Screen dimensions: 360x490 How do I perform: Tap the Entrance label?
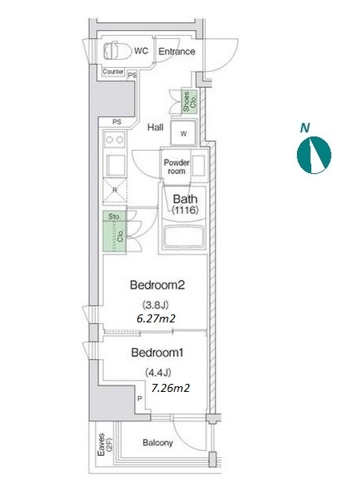[176, 51]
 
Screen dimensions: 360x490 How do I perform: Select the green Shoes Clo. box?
[189, 101]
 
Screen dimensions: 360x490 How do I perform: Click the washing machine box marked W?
[184, 133]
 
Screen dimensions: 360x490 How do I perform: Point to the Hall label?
[156, 127]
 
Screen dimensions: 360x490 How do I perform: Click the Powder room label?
[176, 167]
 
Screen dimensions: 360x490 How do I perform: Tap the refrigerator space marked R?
[115, 190]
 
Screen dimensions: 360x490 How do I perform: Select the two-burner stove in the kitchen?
[114, 140]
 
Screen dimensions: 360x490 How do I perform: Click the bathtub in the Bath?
[184, 237]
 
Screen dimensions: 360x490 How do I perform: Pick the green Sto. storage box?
[114, 216]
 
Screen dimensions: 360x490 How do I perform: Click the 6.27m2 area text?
[156, 318]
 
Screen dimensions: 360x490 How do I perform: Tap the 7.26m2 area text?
[171, 388]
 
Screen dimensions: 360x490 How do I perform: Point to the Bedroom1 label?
[157, 353]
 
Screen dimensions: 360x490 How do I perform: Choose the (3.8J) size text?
[156, 304]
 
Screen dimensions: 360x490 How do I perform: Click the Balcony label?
[157, 442]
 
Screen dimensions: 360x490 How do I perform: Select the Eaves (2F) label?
[105, 444]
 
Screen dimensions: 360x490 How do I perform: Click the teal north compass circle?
[314, 155]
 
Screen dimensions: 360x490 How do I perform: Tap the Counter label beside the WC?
[113, 72]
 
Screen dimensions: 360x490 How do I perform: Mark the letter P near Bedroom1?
[140, 398]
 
